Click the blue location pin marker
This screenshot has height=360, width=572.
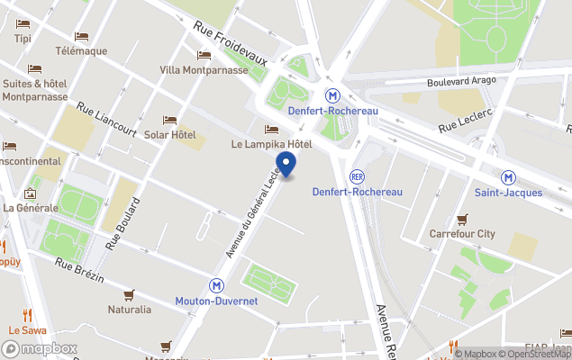pos(286,164)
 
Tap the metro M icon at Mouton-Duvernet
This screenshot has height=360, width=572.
pos(216,285)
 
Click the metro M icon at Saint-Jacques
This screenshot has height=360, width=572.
pos(508,177)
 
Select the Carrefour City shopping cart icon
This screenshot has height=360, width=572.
pos(462,219)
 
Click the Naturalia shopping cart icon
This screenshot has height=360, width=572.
pos(129,294)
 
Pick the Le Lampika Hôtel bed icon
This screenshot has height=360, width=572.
pos(271,130)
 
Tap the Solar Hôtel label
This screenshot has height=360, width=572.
pos(170,135)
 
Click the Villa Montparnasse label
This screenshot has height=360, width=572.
pos(204,70)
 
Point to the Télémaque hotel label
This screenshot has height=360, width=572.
pos(81,51)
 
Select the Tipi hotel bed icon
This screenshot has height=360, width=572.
pos(23,23)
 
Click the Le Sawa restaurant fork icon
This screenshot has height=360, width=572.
pos(28,315)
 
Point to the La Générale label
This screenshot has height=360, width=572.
pos(31,208)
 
